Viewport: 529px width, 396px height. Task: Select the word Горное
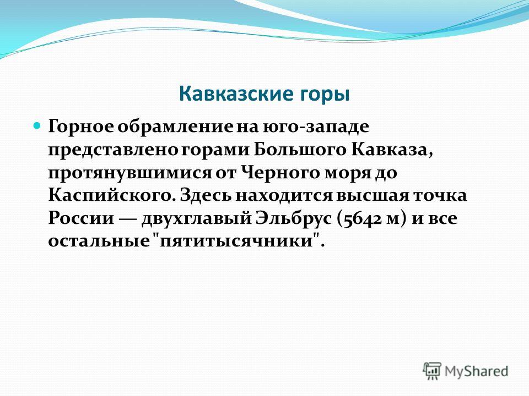coord(81,127)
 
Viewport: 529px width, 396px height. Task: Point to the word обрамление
coord(175,127)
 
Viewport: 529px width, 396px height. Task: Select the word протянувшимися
coord(130,173)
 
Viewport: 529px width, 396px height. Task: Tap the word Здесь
coord(206,196)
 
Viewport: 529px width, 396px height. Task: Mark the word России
coord(81,218)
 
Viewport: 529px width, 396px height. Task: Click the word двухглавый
coord(196,219)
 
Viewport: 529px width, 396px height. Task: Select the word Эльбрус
coord(294,218)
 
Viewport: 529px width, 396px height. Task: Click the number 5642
coord(363,219)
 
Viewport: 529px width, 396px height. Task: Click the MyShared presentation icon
coord(432,371)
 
